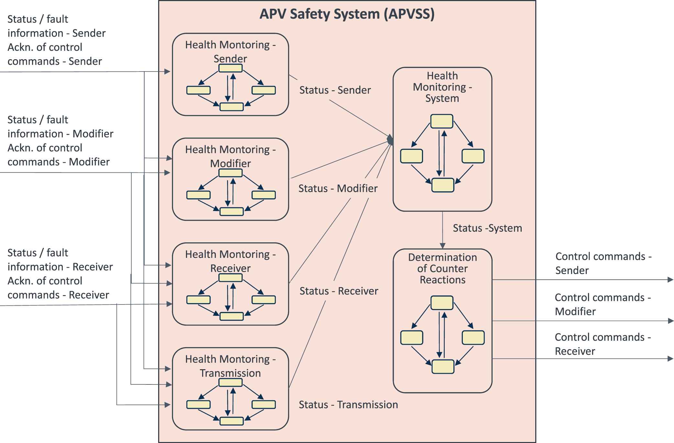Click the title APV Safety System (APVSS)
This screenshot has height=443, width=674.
point(347,14)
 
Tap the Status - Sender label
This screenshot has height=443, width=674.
point(335,90)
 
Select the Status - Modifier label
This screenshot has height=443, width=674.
point(338,188)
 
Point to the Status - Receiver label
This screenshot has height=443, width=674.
point(339,291)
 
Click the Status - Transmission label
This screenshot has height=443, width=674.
point(348,404)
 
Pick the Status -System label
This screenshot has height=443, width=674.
point(487,228)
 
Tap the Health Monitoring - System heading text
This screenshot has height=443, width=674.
point(442,87)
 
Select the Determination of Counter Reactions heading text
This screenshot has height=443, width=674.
point(442,268)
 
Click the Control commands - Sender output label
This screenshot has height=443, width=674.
point(603,263)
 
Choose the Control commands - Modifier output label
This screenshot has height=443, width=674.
point(603,304)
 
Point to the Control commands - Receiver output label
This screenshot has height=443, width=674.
point(603,344)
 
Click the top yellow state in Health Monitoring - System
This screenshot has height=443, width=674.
point(442,121)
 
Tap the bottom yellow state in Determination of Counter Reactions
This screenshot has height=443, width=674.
point(443,367)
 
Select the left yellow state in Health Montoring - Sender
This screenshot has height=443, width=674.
point(198,90)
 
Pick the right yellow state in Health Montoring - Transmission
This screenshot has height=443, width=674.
point(264,404)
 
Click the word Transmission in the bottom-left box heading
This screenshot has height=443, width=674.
point(230,373)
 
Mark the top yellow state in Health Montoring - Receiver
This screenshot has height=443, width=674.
point(230,278)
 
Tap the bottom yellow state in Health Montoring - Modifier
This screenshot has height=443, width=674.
point(231,212)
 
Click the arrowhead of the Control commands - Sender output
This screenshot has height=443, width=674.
point(671,280)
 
